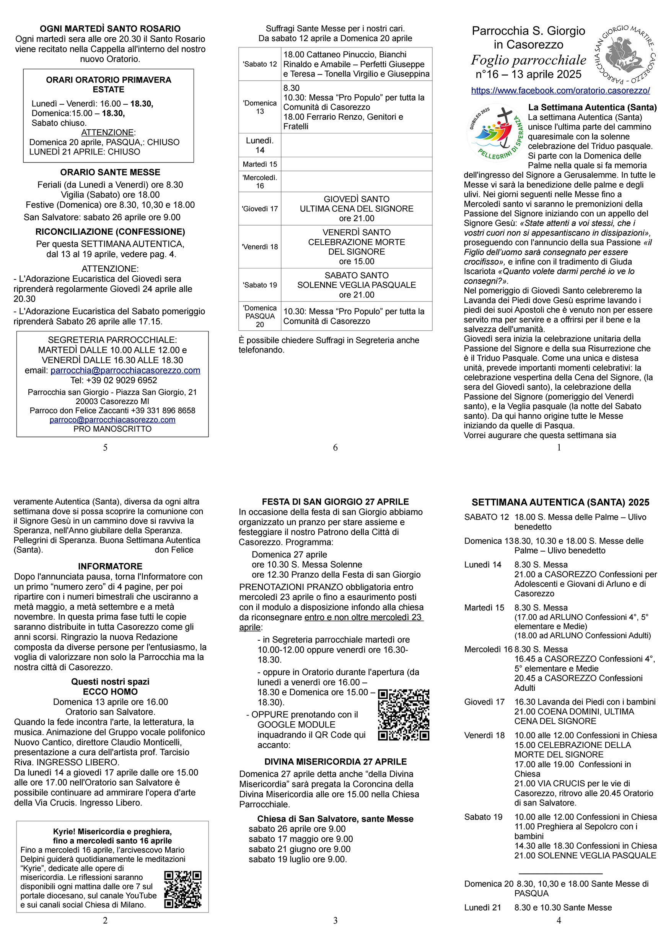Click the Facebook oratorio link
click(560, 91)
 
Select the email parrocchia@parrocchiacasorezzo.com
click(125, 370)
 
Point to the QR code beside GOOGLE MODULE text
click(404, 714)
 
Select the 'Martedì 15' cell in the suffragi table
click(260, 164)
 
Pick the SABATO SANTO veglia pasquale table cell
click(356, 285)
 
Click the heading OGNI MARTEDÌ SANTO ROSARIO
click(110, 29)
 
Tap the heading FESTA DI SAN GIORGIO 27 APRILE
click(335, 502)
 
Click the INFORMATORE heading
click(110, 566)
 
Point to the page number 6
click(335, 448)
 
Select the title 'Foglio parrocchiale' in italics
click(528, 60)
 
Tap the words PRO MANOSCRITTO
click(112, 429)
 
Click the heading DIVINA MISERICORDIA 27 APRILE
click(335, 762)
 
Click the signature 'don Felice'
click(174, 550)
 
